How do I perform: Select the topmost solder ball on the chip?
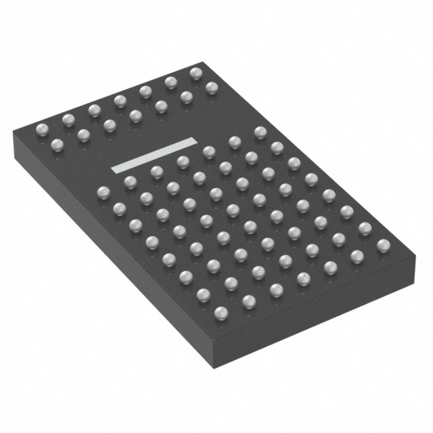click(x=196, y=72)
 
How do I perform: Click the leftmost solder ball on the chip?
click(x=41, y=128)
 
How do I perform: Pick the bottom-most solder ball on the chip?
click(x=221, y=312)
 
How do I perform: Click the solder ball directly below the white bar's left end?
click(x=129, y=181)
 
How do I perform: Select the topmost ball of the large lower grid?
click(x=260, y=131)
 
